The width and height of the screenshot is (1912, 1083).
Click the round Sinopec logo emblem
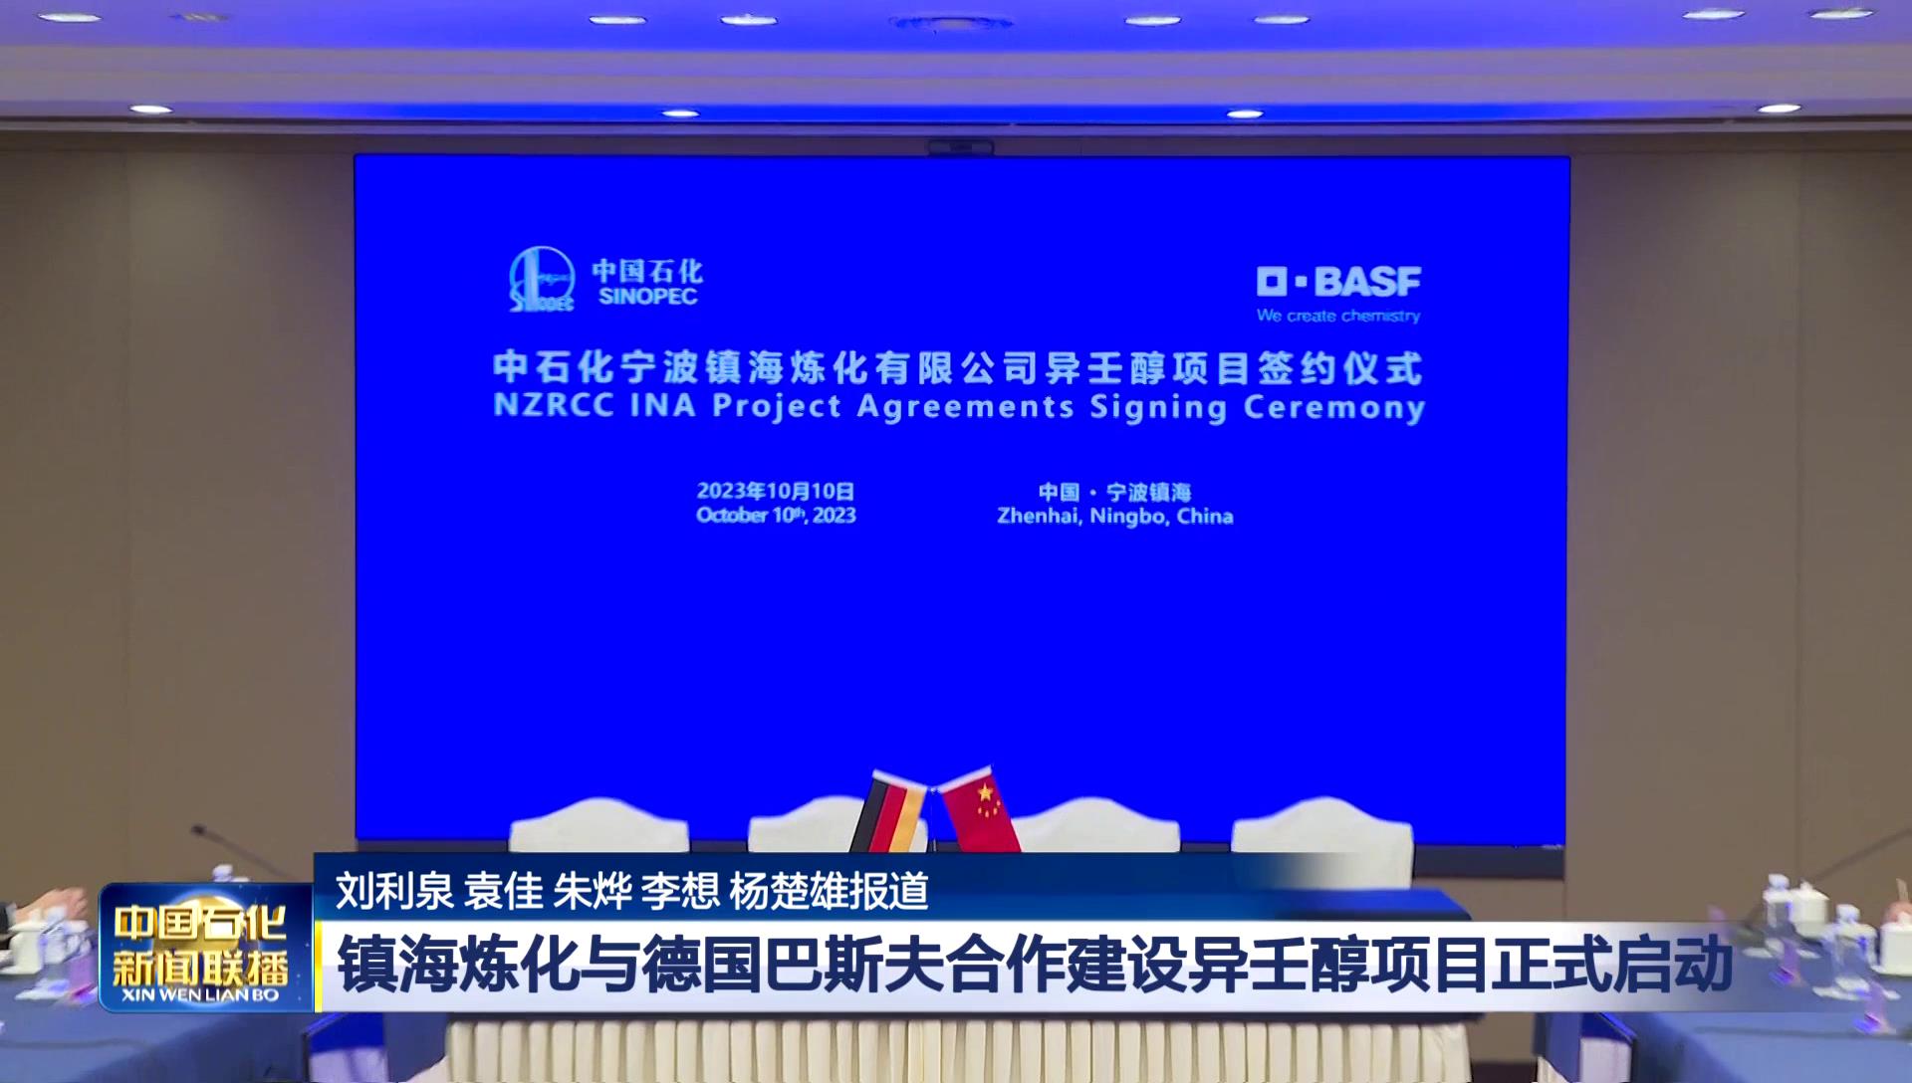(x=542, y=279)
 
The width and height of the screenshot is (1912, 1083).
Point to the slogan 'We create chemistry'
(x=1338, y=316)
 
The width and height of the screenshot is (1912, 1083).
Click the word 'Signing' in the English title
(x=1158, y=408)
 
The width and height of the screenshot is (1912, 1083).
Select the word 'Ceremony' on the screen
(x=1334, y=408)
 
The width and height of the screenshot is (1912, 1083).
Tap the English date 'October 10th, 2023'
(x=776, y=516)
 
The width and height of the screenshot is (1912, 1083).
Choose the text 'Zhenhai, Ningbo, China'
(x=1115, y=517)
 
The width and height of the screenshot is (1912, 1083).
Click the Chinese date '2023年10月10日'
(x=776, y=491)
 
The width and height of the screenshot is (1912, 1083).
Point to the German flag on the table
(x=889, y=812)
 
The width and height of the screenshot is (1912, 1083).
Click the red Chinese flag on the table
(x=980, y=808)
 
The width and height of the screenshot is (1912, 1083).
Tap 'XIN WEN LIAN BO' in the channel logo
(x=200, y=994)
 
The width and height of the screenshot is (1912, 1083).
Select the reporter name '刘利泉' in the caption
(x=394, y=891)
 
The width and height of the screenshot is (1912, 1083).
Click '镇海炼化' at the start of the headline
(x=457, y=965)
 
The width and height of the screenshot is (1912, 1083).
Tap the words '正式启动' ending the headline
(x=1611, y=965)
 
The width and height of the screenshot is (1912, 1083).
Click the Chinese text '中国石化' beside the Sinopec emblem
(x=647, y=271)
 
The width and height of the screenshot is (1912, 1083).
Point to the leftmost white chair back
(x=598, y=825)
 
